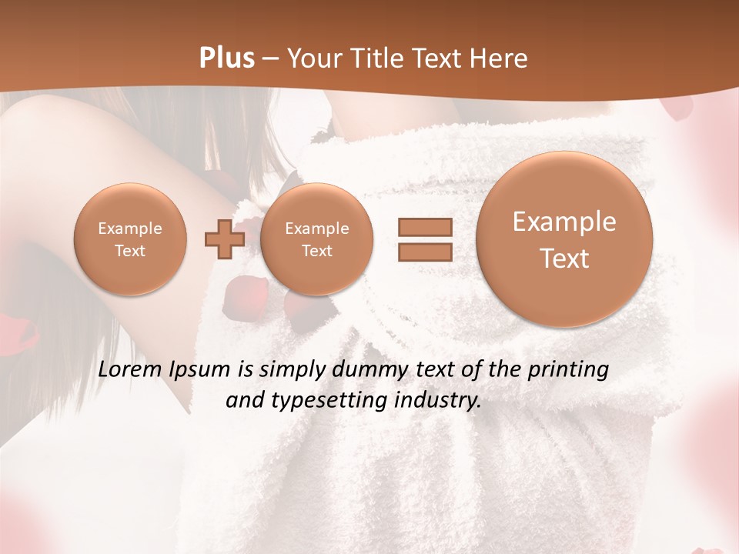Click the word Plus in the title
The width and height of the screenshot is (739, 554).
[227, 58]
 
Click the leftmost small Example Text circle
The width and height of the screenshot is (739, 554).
[129, 239]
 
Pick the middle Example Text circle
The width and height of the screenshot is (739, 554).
[316, 239]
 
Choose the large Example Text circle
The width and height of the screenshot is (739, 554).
[564, 239]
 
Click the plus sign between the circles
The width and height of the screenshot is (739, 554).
[224, 239]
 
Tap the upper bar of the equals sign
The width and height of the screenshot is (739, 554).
[425, 227]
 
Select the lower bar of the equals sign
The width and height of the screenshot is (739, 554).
[425, 252]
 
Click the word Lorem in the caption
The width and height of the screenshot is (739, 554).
[127, 369]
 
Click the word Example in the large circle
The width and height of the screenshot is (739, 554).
[564, 222]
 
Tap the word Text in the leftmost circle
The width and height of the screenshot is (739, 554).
[129, 251]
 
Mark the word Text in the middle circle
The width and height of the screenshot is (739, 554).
[316, 251]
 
